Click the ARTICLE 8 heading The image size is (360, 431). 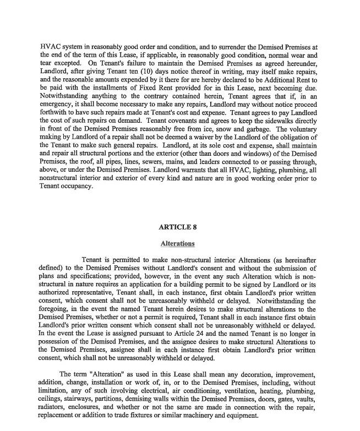177,227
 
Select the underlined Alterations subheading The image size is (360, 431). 177,243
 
